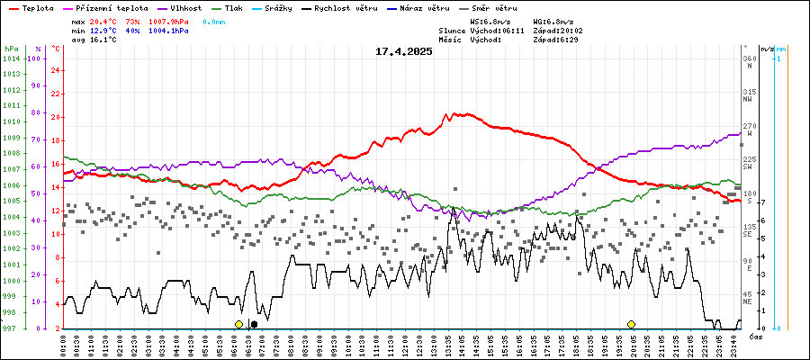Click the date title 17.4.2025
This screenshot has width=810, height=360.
click(404, 51)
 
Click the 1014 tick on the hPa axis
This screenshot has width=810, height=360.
click(10, 58)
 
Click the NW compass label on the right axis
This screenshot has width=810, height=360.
click(748, 100)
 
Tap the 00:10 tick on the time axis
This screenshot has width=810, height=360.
click(64, 345)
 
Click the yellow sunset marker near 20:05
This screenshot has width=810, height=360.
click(631, 324)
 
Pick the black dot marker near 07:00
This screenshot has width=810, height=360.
click(254, 324)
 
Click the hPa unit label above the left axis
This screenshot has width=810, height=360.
click(10, 48)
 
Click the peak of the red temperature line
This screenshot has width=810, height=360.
click(446, 114)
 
